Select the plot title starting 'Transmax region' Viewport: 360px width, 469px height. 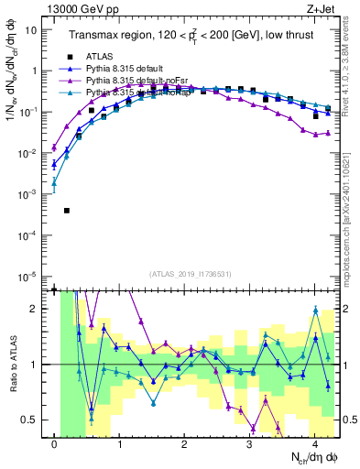coord(191,36)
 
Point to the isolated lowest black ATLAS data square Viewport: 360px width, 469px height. coord(67,211)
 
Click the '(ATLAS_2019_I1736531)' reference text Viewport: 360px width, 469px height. coord(191,274)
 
